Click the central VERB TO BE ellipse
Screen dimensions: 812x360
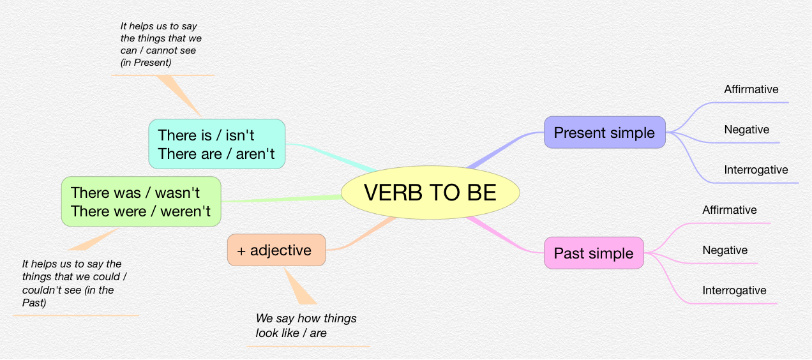[x=430, y=192]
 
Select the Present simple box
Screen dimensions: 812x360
[x=605, y=132]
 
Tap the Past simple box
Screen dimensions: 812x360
[x=594, y=253]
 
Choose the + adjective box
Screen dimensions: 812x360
[x=276, y=250]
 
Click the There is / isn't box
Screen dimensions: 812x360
[x=217, y=144]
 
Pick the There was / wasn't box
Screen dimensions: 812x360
[x=141, y=202]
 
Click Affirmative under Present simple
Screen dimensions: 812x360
[x=751, y=89]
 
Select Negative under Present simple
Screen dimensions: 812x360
[x=746, y=130]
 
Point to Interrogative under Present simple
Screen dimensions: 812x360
[x=756, y=170]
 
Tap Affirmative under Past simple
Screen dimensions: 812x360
[x=730, y=210]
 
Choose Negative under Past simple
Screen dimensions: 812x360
[x=725, y=250]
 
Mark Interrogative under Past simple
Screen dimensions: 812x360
[x=734, y=290]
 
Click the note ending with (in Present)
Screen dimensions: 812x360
[x=161, y=44]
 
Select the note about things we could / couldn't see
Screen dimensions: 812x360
[x=74, y=283]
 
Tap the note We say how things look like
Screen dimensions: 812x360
[x=306, y=326]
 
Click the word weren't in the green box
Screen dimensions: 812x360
[x=185, y=211]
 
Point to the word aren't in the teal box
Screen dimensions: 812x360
[x=255, y=154]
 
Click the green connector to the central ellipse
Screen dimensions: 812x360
[x=282, y=199]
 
